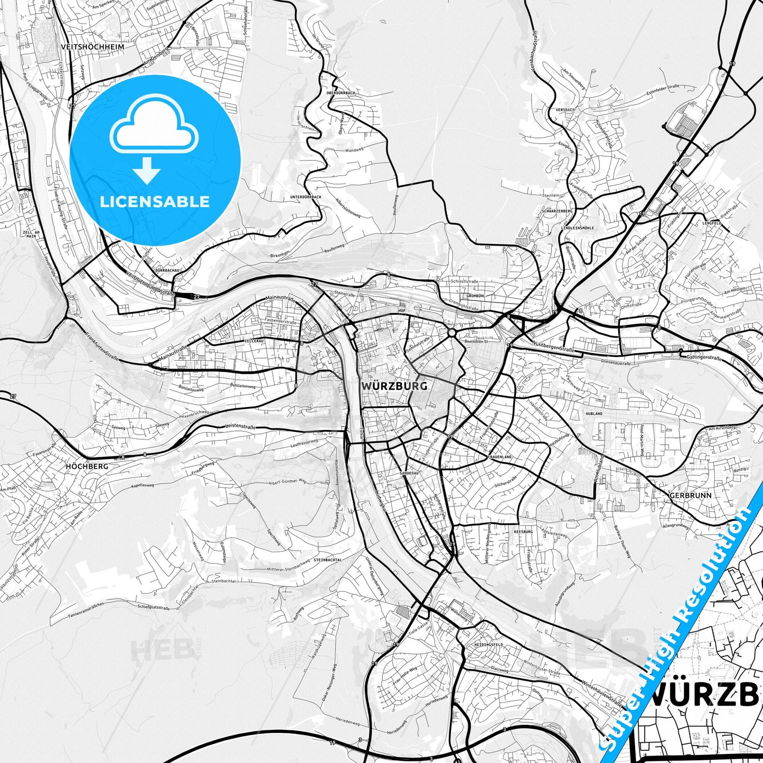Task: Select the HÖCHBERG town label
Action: click(87, 466)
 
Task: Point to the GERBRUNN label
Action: click(690, 495)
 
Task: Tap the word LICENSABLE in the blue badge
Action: click(155, 201)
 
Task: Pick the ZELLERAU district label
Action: click(254, 342)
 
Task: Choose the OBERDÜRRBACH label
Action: click(341, 92)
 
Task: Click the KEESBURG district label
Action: click(523, 532)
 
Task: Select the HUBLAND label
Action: click(594, 413)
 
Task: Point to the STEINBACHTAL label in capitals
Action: click(328, 559)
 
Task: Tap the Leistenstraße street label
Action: click(240, 426)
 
